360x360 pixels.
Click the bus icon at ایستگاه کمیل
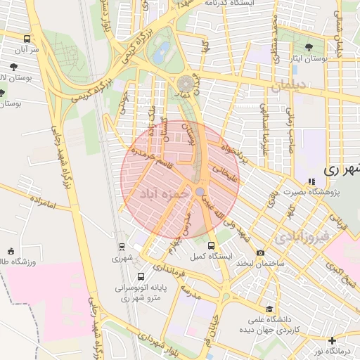pyautogui.click(x=212, y=245)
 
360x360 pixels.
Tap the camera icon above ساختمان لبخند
pyautogui.click(x=261, y=253)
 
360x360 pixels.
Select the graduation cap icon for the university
pyautogui.click(x=269, y=308)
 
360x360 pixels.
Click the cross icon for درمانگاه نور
pyautogui.click(x=332, y=340)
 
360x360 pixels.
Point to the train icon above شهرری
pyautogui.click(x=122, y=247)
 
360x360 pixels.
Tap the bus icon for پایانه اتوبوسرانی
pyautogui.click(x=141, y=276)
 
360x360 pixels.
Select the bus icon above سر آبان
pyautogui.click(x=27, y=39)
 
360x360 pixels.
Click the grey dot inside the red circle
pyautogui.click(x=200, y=191)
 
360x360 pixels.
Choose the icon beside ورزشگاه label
pyautogui.click(x=11, y=251)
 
